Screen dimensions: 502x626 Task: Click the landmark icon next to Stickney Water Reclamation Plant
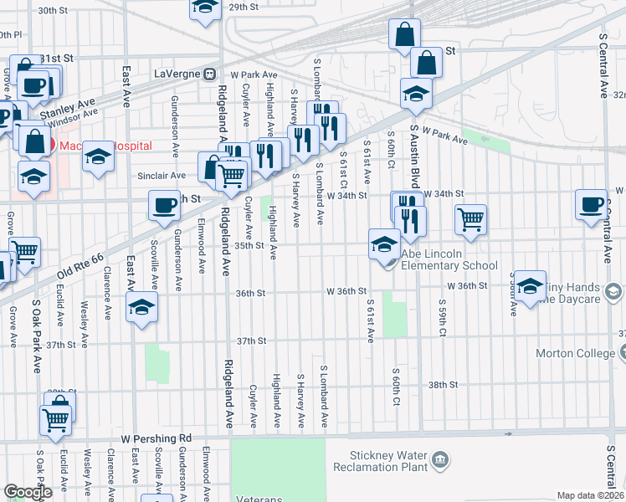point(440,459)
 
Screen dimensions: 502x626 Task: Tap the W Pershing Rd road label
point(156,438)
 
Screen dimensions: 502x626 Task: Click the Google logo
point(28,492)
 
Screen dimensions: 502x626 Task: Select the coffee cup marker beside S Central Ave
point(592,204)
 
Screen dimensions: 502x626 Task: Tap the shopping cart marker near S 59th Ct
point(471,219)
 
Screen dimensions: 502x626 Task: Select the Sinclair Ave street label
point(162,176)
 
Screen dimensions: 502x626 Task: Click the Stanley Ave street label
point(69,107)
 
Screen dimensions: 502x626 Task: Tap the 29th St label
point(244,7)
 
